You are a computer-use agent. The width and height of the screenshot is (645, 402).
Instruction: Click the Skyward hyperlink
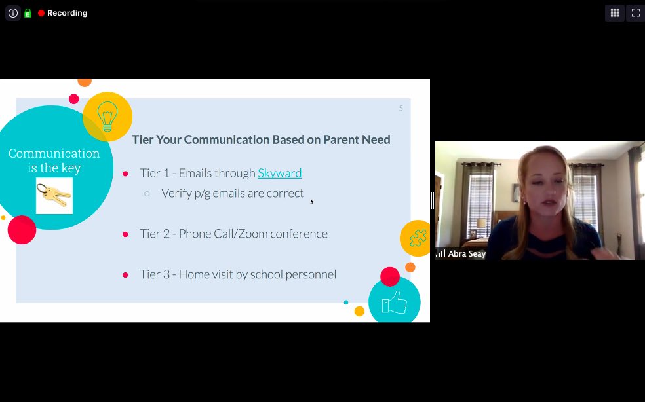(279, 174)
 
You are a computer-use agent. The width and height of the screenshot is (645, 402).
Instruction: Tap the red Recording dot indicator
(41, 13)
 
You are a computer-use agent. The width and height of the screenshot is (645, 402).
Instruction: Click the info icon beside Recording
(13, 13)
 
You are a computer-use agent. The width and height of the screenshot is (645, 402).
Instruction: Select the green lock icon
(28, 13)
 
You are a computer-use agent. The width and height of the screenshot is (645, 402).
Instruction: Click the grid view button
(614, 12)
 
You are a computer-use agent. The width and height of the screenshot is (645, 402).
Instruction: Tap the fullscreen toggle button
(635, 12)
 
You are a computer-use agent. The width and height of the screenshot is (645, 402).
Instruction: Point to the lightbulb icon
(107, 117)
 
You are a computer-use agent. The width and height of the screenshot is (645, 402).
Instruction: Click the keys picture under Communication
(54, 195)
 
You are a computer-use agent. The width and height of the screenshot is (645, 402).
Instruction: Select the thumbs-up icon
(395, 303)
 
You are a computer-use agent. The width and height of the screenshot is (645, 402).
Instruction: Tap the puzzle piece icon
(417, 238)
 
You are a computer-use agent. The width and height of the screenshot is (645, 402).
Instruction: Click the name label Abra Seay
(467, 254)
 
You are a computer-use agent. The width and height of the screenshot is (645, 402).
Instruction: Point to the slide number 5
(401, 108)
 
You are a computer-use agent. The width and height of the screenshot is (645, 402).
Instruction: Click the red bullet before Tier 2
(125, 234)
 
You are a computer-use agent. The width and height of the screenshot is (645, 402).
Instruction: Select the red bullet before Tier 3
(125, 275)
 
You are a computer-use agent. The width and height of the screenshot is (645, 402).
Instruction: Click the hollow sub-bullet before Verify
(147, 194)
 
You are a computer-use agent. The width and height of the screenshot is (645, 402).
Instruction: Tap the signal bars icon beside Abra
(441, 254)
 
